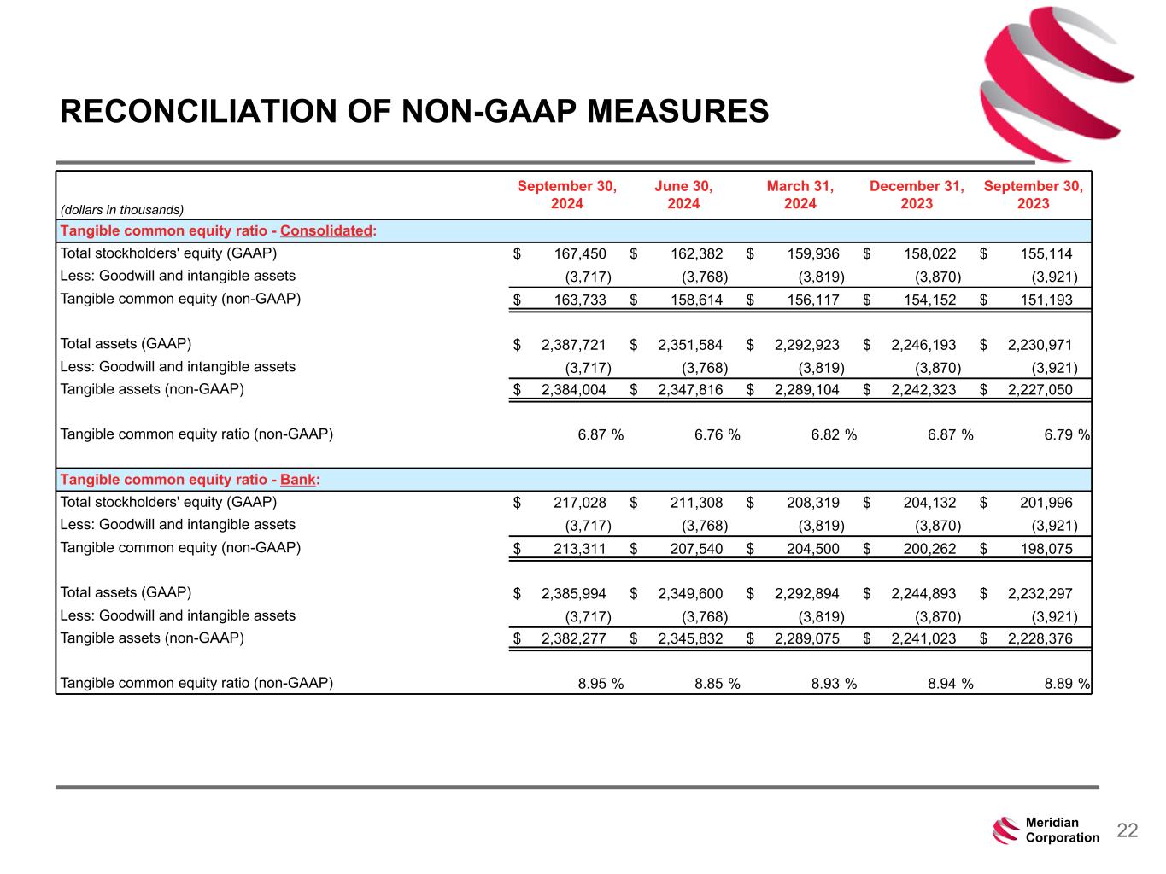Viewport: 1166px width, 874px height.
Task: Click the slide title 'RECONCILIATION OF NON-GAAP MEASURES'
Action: pyautogui.click(x=414, y=112)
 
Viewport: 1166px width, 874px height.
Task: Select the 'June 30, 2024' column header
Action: pyautogui.click(x=683, y=195)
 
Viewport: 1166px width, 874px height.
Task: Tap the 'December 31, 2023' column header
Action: pyautogui.click(x=917, y=195)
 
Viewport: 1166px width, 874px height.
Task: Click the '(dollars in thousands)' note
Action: pyautogui.click(x=122, y=209)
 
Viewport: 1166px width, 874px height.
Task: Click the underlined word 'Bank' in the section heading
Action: pyautogui.click(x=298, y=480)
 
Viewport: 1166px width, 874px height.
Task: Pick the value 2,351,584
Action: pyautogui.click(x=690, y=345)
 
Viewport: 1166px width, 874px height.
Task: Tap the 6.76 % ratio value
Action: pyautogui.click(x=717, y=435)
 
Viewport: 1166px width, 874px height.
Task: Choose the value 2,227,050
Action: pyautogui.click(x=1040, y=390)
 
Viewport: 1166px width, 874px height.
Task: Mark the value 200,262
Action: pyautogui.click(x=929, y=548)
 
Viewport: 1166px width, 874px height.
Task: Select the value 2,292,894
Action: pyautogui.click(x=807, y=594)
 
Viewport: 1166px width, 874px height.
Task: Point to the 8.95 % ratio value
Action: pyautogui.click(x=601, y=684)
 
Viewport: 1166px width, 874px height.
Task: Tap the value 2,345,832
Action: pyautogui.click(x=690, y=638)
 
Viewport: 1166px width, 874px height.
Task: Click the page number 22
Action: pyautogui.click(x=1128, y=830)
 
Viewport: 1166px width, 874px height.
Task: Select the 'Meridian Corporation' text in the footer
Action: pyautogui.click(x=1062, y=830)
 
